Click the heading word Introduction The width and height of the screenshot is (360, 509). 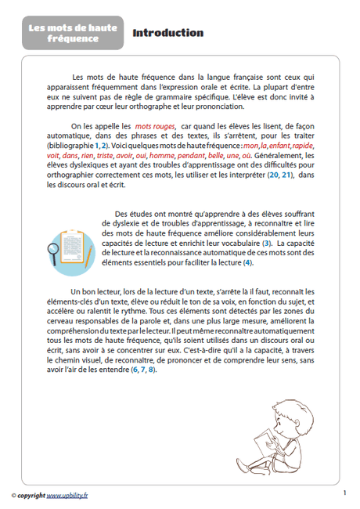click(x=167, y=33)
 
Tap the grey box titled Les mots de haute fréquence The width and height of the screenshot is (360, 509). click(x=73, y=33)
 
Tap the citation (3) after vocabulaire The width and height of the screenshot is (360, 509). click(x=266, y=244)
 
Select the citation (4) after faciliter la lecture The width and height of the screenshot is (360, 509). click(x=248, y=264)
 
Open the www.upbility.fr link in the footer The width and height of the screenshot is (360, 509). click(x=67, y=495)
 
